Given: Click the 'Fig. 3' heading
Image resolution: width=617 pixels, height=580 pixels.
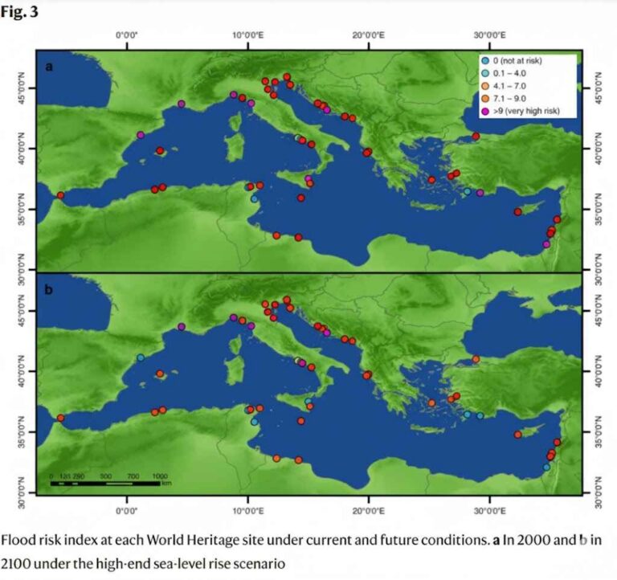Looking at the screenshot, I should pos(20,13).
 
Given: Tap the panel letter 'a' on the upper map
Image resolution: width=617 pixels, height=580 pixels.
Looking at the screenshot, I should pos(50,67).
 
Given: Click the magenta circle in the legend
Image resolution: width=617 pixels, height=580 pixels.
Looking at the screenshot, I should pos(485,110).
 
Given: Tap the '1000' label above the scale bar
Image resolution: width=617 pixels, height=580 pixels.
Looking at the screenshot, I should pos(160,476).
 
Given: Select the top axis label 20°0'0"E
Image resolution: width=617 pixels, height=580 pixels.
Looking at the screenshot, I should pos(368,35).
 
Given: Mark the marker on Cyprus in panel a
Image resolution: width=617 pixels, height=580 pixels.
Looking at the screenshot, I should pos(518,211).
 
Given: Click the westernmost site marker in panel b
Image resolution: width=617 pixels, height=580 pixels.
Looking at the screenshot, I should pos(60,418).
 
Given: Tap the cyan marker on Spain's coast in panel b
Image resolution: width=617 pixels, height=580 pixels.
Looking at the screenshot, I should pos(141,358).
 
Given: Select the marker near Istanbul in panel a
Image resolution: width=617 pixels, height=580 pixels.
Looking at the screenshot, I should pos(476,137).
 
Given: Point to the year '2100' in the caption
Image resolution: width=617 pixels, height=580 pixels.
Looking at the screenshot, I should pos(18,562).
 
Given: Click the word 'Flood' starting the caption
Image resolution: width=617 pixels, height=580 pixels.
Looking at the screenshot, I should pos(20,540).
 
